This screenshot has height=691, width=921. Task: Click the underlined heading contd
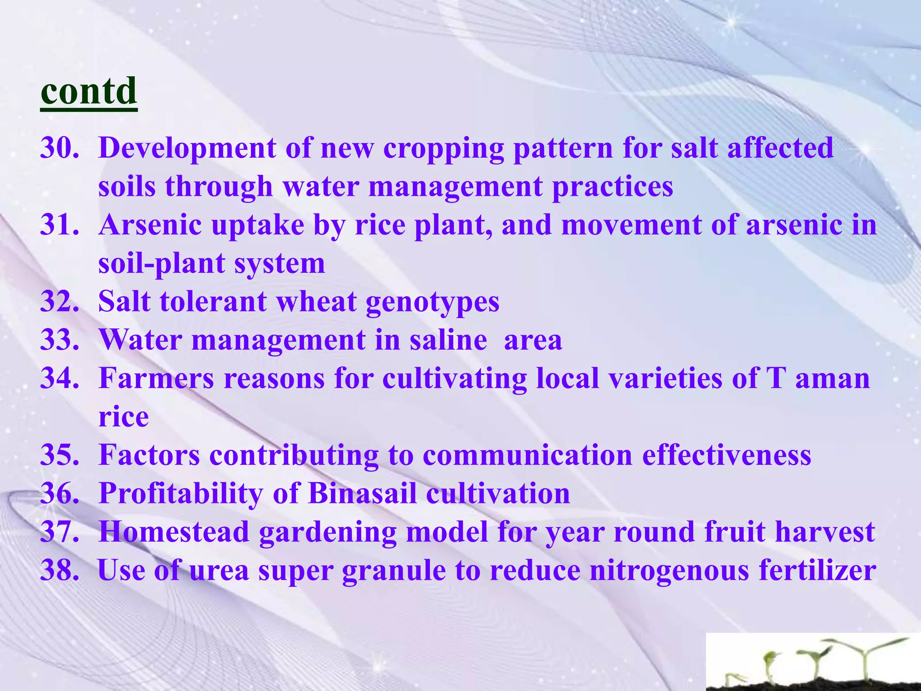pyautogui.click(x=89, y=91)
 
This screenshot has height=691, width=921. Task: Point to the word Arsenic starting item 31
pyautogui.click(x=150, y=224)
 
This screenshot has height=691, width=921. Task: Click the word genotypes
pyautogui.click(x=433, y=302)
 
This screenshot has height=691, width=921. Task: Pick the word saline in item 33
pyautogui.click(x=448, y=340)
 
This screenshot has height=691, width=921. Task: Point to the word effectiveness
pyautogui.click(x=726, y=455)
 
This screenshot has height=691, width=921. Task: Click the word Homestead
pyautogui.click(x=174, y=532)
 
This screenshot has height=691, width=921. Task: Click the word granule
pyautogui.click(x=393, y=570)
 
